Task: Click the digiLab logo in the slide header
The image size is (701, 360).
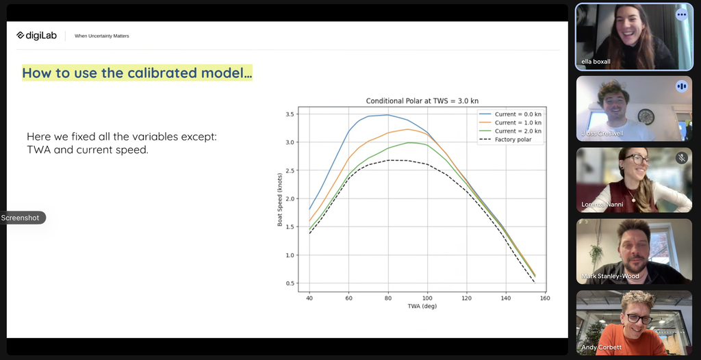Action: [x=37, y=36]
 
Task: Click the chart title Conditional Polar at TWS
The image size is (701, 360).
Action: [x=419, y=101]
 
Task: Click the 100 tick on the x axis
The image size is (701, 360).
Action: [x=428, y=298]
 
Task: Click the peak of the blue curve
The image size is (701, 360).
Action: [x=387, y=115]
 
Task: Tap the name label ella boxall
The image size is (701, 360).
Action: [x=596, y=62]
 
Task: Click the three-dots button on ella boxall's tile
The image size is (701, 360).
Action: [x=681, y=14]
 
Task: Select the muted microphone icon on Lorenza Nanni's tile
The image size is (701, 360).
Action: [x=681, y=158]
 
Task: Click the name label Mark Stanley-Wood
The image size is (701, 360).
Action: [x=610, y=277]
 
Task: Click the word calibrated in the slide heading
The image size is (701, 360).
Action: [x=161, y=73]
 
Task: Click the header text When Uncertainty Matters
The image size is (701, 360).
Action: [x=102, y=36]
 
